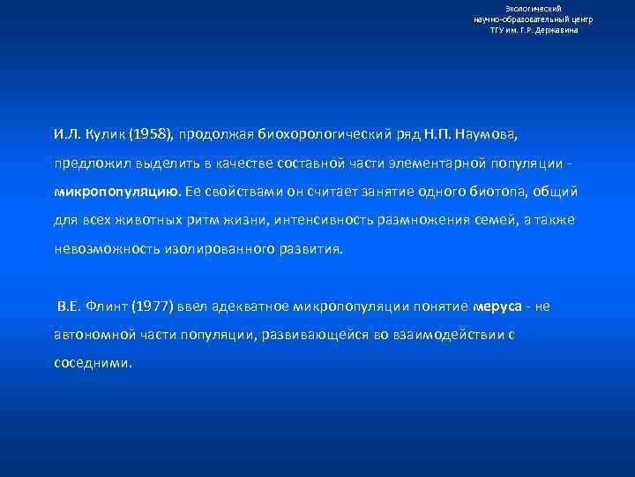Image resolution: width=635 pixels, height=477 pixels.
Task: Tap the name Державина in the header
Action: [x=558, y=30]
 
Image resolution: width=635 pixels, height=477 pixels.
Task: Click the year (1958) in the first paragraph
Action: [x=151, y=134]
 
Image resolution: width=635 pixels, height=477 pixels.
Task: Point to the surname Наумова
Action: [x=490, y=134]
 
